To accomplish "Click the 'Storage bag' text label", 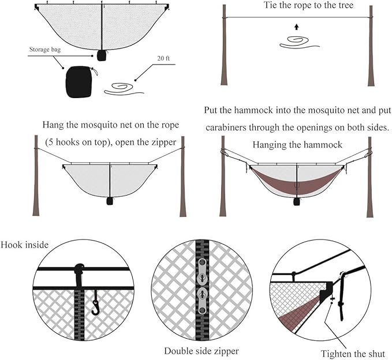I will pyautogui.click(x=44, y=50).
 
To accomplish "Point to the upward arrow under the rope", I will pyautogui.click(x=296, y=27).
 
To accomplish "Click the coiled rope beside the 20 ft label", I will pyautogui.click(x=123, y=89).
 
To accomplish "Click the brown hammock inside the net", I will pyautogui.click(x=296, y=183).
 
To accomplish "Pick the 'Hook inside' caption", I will pyautogui.click(x=24, y=245).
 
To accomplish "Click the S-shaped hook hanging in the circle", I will pyautogui.click(x=96, y=304).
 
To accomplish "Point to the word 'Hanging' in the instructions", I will pyautogui.click(x=270, y=145).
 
